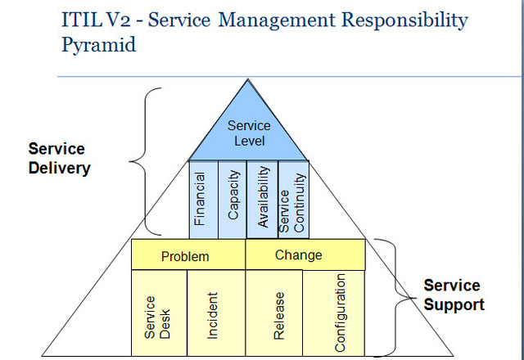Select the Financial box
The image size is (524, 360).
pos(202,198)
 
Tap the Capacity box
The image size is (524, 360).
pos(232,198)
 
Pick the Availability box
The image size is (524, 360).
pos(262,198)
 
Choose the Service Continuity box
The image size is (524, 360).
pos(292,198)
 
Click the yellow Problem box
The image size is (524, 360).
pos(188,255)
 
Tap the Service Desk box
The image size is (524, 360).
pos(159,313)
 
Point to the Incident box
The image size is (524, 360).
pos(215,313)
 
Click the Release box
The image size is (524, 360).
pos(274,313)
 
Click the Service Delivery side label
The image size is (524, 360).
pos(56,159)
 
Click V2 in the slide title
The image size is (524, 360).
pos(120,20)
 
